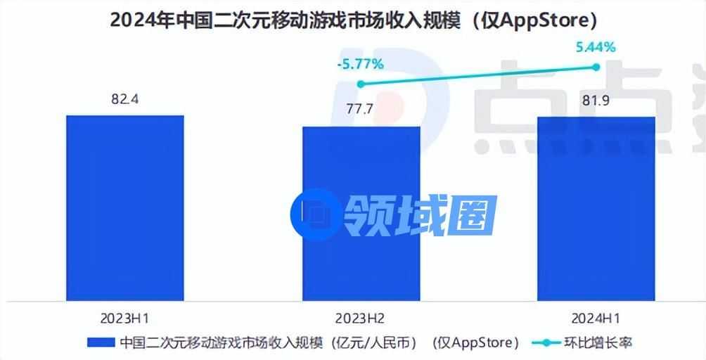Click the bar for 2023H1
point(124,207)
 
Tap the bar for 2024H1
point(596,207)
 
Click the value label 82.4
point(124,99)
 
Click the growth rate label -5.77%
point(360,65)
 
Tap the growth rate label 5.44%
point(595,48)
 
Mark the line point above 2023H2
point(361,84)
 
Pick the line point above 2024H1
point(596,67)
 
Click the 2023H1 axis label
point(124,314)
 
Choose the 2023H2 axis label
point(361,314)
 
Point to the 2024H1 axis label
point(596,314)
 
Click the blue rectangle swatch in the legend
point(101,342)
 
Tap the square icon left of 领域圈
point(314,213)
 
